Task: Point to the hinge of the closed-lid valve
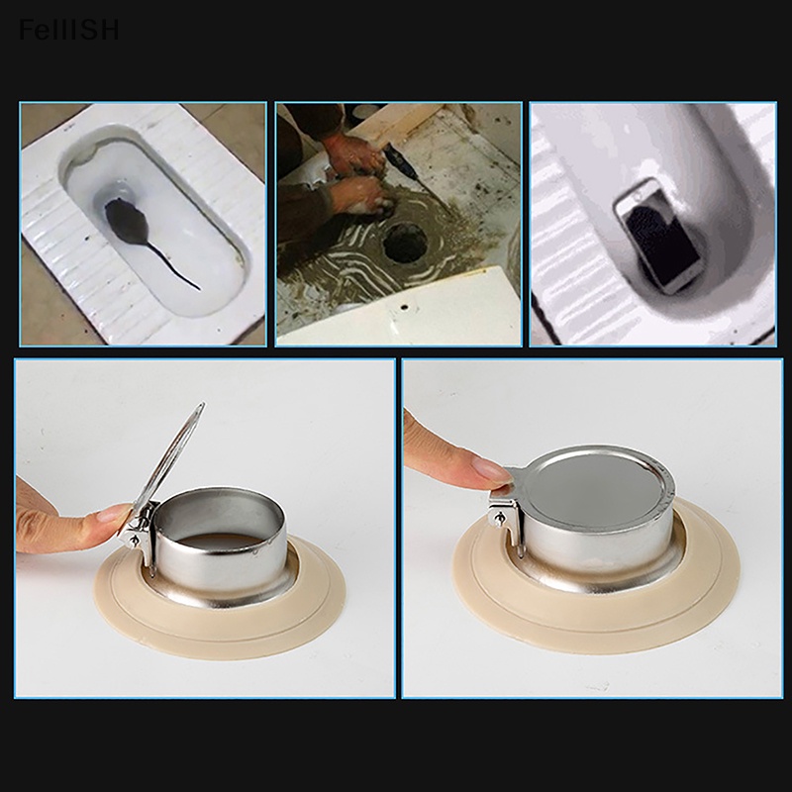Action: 504,514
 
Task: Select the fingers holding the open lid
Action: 74,525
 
